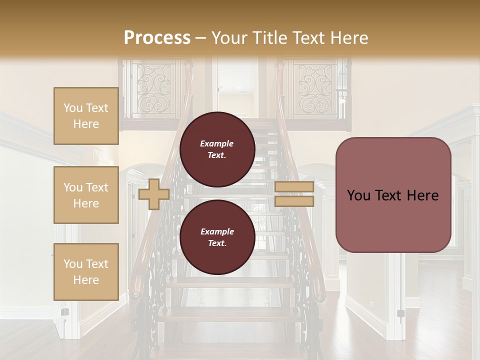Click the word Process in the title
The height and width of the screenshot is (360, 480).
coord(157,38)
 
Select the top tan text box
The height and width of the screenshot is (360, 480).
coord(86,116)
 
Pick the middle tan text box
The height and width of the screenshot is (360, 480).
coord(86,195)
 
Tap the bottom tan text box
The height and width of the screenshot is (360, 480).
coord(86,272)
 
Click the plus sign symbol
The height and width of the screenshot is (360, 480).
coord(154,194)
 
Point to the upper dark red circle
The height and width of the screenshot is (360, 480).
coord(217,149)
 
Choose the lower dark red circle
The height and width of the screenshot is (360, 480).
coord(217,237)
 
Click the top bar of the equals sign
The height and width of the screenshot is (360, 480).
coord(294,187)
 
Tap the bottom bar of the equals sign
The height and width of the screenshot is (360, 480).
coord(294,201)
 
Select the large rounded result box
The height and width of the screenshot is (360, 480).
coord(393,195)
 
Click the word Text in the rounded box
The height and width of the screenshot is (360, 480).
coord(393,195)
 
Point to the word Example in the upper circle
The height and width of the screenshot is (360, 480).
coord(217,143)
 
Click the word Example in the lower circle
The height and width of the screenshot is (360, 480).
coord(217,231)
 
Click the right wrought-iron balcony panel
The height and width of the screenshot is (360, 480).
coord(315,87)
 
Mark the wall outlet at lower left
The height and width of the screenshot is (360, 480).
coord(65,312)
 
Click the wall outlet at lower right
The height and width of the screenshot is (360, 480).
coord(400,313)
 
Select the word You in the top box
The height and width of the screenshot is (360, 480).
coord(73,108)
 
